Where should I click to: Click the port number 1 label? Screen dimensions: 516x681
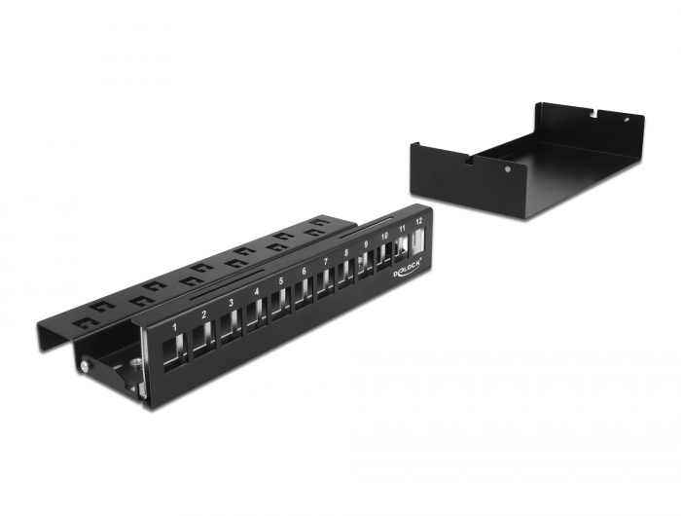174,325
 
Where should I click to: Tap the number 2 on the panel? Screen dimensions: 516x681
203,314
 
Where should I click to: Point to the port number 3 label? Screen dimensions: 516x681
231,304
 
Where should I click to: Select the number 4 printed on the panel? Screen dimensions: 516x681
257,293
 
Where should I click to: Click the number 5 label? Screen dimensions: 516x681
281,282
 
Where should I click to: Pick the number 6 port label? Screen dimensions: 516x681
305,273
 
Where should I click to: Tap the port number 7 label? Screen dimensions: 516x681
326,263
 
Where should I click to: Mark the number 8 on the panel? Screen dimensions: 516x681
346,254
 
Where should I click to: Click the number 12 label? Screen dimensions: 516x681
419,222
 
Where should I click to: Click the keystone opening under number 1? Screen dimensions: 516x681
176,348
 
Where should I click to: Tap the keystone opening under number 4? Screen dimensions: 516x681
257,313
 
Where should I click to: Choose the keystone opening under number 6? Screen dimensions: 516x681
304,291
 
